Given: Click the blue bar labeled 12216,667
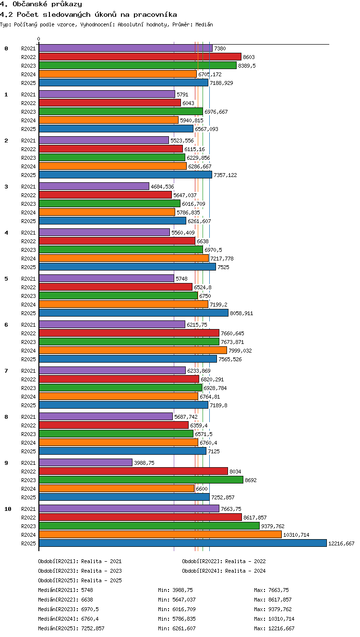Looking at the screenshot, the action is point(183,543).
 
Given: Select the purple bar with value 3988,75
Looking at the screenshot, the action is point(85,463).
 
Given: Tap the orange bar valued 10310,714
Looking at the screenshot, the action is point(160,535).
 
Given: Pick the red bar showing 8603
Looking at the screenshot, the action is point(140,57).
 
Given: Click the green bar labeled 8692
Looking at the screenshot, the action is point(141,480).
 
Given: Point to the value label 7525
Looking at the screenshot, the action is point(223,267).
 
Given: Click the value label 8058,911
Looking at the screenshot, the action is point(241,313).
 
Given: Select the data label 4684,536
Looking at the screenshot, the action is point(162,187).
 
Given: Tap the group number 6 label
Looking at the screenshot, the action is point(6,325).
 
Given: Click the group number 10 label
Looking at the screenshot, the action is point(8,509).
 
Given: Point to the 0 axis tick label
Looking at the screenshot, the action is point(39,39).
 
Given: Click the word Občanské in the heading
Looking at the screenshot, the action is point(30,4).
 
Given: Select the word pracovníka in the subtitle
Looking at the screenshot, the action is point(155,14).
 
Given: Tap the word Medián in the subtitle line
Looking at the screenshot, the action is point(204,24).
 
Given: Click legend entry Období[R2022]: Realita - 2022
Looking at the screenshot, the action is point(224,561).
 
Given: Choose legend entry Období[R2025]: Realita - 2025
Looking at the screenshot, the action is point(80,580).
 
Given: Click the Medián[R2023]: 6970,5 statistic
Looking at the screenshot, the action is point(68,609).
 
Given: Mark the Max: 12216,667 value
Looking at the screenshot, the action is point(274,628).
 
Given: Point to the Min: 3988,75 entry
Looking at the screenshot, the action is point(175,590).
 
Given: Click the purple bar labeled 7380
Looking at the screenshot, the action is point(125,48).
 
